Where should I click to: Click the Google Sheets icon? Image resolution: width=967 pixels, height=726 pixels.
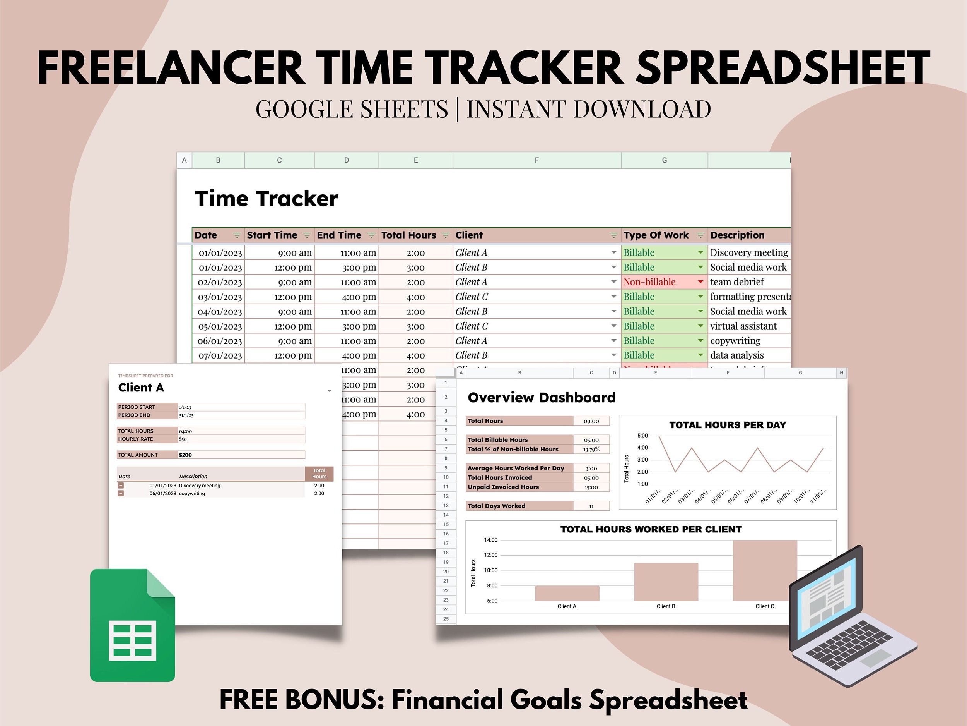coord(132,625)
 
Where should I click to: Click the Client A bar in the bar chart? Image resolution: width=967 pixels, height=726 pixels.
coord(567,593)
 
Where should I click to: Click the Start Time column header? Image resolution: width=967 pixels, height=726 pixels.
coord(272,235)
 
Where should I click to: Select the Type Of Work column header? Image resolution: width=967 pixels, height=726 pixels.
coord(656,235)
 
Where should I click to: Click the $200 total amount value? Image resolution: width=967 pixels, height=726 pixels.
coord(185,455)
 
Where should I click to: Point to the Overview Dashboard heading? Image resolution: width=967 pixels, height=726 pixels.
coord(542,397)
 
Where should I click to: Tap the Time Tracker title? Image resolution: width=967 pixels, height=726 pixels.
coord(266,199)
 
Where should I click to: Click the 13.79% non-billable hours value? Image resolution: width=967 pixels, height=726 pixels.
coord(591,450)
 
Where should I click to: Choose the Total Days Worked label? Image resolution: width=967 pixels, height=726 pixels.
coord(497,506)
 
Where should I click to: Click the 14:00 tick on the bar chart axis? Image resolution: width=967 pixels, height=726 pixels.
coord(490,540)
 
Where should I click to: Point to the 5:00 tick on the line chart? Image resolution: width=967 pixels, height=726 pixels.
coord(642,436)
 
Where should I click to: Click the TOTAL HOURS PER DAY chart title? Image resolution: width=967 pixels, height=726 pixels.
coord(728,425)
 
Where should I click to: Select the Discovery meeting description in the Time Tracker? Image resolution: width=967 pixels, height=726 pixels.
coord(749,252)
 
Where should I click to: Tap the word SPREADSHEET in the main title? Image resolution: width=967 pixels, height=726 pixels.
coord(782,68)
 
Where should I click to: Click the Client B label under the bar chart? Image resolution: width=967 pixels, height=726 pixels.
coord(666,606)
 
